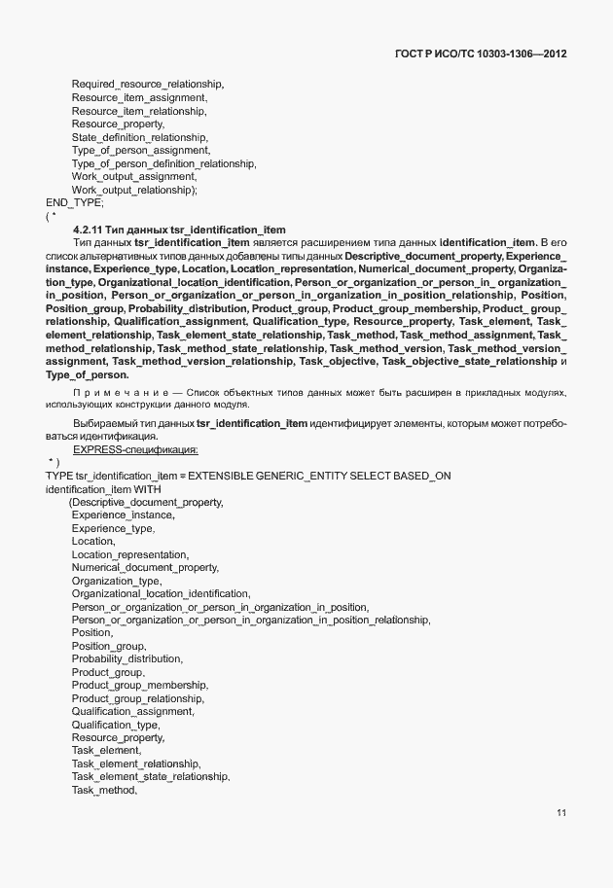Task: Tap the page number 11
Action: [561, 813]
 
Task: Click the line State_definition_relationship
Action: [139, 137]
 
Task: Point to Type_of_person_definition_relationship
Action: [163, 163]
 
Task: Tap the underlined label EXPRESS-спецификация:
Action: [135, 449]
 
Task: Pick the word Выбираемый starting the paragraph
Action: [100, 424]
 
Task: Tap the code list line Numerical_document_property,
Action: [145, 567]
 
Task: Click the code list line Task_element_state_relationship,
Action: [151, 777]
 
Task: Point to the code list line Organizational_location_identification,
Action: [161, 593]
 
